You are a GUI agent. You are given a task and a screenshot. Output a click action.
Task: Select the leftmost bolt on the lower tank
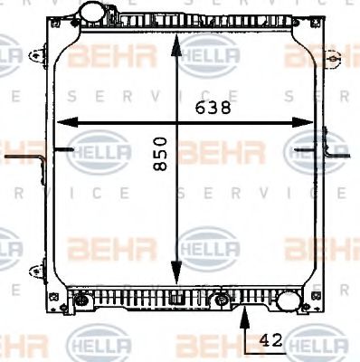82,299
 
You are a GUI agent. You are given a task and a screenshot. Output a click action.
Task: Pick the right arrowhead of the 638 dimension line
309,122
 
